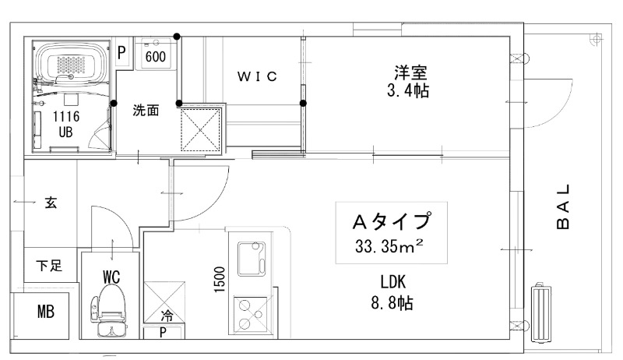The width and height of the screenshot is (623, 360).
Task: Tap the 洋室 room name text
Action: [x=409, y=73]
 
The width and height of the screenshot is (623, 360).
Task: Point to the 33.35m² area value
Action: [x=390, y=247]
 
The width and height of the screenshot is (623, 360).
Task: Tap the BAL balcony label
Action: [x=565, y=207]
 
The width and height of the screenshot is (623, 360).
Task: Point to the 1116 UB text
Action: [x=65, y=123]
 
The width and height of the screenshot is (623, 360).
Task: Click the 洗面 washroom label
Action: [x=146, y=110]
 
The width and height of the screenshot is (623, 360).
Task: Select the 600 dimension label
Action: [x=156, y=57]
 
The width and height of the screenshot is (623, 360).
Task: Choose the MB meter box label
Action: [x=45, y=313]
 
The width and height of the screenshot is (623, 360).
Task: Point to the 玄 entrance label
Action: [x=51, y=203]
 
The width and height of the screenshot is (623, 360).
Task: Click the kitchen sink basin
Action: [x=251, y=258]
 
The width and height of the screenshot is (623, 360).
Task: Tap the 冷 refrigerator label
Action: [x=167, y=316]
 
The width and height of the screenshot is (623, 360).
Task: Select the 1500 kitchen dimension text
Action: [x=220, y=278]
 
